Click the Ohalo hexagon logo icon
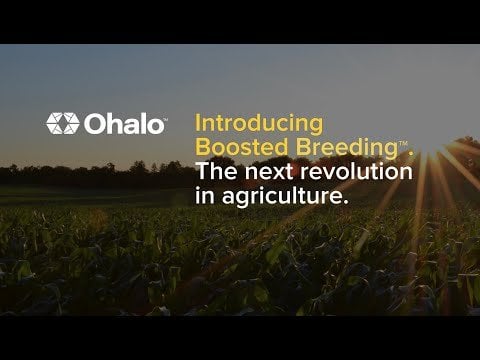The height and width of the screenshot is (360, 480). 63,123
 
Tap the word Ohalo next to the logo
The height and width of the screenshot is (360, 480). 124,124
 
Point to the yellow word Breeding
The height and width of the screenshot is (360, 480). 347,149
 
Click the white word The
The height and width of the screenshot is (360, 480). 217,171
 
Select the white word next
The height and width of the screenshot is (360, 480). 270,172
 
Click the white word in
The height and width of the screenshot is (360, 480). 204,195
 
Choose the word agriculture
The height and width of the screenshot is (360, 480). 282,197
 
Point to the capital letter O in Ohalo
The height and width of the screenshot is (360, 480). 95,124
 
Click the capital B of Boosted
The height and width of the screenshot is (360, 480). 203,147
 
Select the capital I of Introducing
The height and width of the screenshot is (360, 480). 197,123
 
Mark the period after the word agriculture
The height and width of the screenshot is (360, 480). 346,202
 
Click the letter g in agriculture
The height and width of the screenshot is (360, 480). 239,199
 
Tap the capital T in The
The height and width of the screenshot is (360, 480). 203,171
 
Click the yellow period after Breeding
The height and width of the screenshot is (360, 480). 411,154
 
